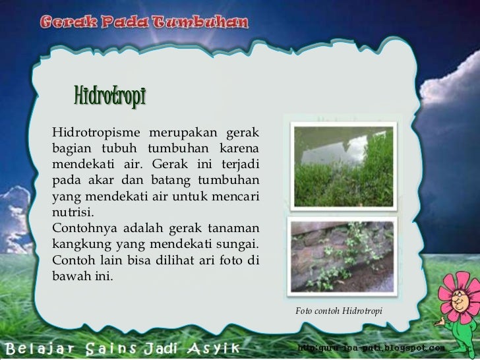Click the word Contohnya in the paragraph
[80, 227]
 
